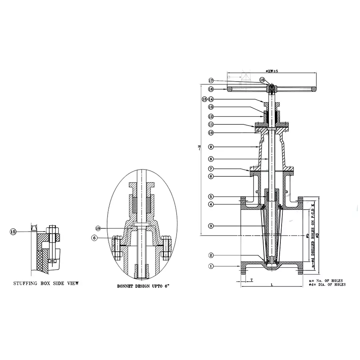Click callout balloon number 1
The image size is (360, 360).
pos(211,266)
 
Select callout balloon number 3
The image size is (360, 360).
pos(211,226)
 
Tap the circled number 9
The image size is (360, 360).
pos(211,146)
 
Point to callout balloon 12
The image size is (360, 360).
pos(211,116)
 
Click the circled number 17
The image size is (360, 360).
pos(211,80)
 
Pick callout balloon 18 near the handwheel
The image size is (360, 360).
pos(262,80)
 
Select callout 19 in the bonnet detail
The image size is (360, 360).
pos(98,228)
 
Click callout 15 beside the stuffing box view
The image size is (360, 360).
pos(13,231)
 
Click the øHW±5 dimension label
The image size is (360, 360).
pos(272,71)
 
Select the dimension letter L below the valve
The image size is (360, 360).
pos(272,285)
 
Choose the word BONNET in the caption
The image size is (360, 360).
pos(127,286)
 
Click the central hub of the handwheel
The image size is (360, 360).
pos(272,88)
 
